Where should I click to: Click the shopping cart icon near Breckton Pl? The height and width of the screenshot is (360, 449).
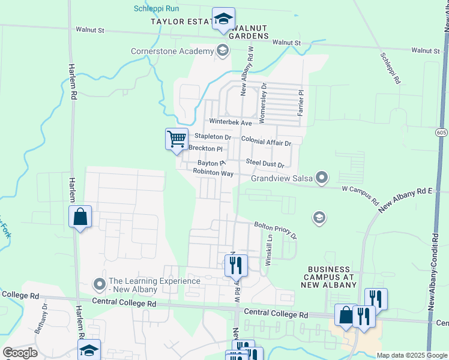tap(176, 139)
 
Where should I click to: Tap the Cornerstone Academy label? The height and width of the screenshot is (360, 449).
tap(172, 51)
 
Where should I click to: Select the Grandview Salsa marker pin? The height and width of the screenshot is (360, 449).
tap(322, 178)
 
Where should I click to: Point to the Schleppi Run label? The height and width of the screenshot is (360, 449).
tap(156, 8)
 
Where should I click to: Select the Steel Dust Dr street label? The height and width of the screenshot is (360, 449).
tap(265, 162)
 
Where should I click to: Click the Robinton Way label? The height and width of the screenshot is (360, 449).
tap(212, 172)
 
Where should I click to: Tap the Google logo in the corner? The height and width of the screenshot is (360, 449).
tap(20, 352)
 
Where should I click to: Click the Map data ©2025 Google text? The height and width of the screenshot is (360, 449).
tap(411, 355)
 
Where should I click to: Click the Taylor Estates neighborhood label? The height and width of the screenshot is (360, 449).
tap(180, 22)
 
